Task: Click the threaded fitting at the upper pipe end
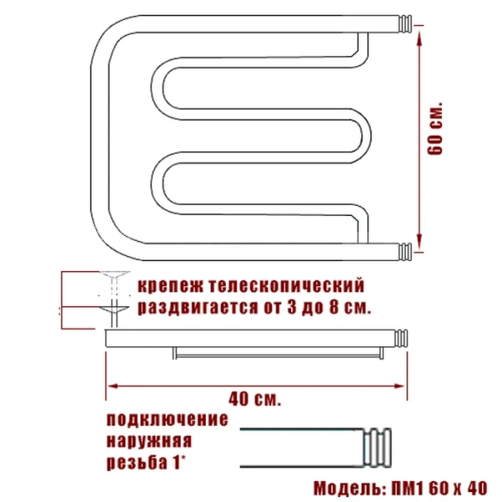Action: pos(402,23)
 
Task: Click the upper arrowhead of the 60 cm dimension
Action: pos(419,33)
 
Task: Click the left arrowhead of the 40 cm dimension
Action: pos(110,386)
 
